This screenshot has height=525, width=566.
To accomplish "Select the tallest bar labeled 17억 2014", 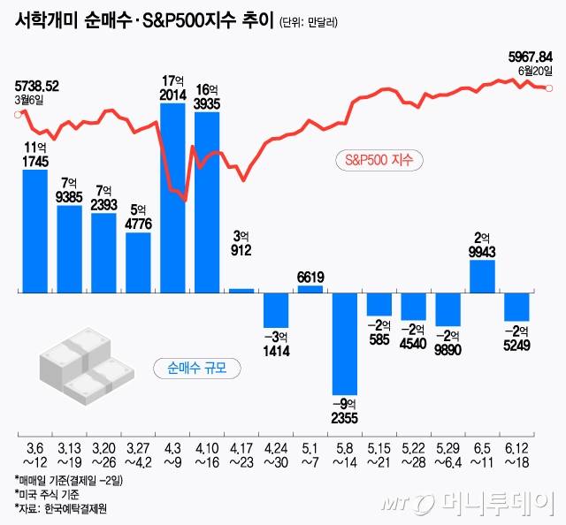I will (172, 197).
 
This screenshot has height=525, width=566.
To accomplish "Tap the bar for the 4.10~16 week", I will (207, 202).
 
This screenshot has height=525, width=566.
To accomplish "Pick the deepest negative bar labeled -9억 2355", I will (345, 343).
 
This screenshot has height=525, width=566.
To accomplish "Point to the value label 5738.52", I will (37, 86).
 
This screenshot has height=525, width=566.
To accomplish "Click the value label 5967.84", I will (529, 57).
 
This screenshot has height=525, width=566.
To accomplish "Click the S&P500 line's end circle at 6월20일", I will (550, 87).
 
